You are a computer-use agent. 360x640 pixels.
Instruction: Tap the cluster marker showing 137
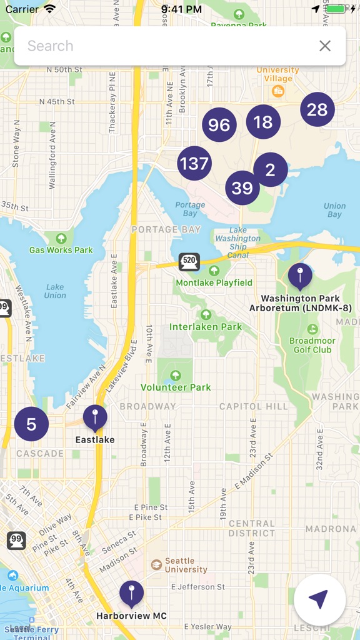tap(194, 164)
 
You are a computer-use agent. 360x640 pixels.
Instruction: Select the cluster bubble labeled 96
tap(219, 125)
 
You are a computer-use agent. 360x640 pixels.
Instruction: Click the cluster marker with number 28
tap(317, 110)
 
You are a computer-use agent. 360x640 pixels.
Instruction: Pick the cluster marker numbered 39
tap(242, 187)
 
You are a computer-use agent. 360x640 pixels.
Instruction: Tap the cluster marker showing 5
tap(31, 424)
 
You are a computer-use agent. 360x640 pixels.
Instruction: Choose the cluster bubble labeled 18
tap(263, 122)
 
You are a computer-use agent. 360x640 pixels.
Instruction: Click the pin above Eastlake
tap(95, 417)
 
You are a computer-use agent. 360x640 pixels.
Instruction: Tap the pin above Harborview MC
tap(131, 594)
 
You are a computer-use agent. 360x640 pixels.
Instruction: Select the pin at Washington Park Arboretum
tap(300, 276)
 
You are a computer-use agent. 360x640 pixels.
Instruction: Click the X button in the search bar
tap(325, 46)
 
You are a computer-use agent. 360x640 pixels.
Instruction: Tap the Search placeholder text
tap(51, 46)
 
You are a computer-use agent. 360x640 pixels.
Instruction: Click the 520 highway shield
tap(189, 262)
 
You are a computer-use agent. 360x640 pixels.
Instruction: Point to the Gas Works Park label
tap(61, 250)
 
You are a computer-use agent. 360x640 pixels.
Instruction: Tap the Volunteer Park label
tap(176, 387)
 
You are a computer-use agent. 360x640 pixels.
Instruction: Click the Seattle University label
tap(186, 566)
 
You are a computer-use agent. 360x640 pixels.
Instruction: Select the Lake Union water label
tap(55, 291)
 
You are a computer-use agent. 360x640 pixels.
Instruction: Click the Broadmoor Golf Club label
tap(312, 345)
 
